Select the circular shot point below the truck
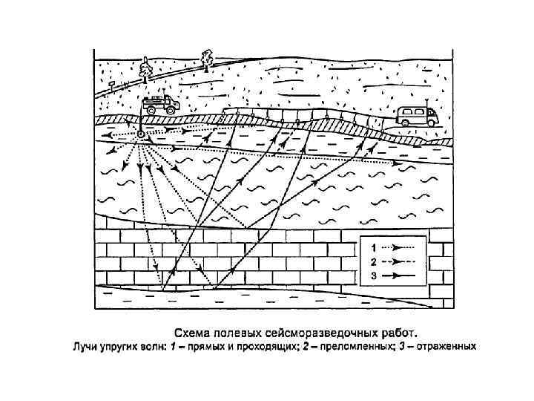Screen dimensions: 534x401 [x=141, y=134]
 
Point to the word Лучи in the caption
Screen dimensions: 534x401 [x=85, y=346]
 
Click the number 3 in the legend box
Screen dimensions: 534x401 [x=374, y=275]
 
